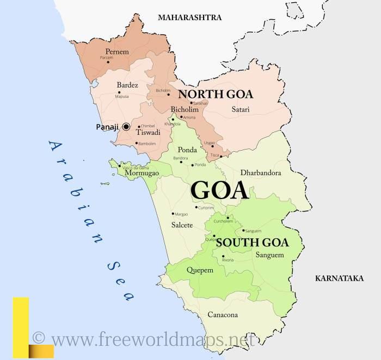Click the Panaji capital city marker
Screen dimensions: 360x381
126,126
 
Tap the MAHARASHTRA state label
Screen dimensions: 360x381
189,17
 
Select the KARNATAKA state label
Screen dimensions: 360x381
339,278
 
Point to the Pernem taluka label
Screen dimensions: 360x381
118,52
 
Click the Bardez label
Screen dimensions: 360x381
127,85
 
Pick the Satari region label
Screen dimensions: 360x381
241,109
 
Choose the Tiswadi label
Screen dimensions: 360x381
148,132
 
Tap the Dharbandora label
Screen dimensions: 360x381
260,173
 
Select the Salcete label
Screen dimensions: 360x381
182,225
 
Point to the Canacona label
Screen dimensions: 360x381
223,315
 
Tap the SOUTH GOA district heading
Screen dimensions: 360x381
252,243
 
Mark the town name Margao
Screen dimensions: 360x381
181,214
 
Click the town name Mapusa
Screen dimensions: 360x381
122,96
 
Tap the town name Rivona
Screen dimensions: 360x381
228,260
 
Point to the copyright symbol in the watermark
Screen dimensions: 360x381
39,338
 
